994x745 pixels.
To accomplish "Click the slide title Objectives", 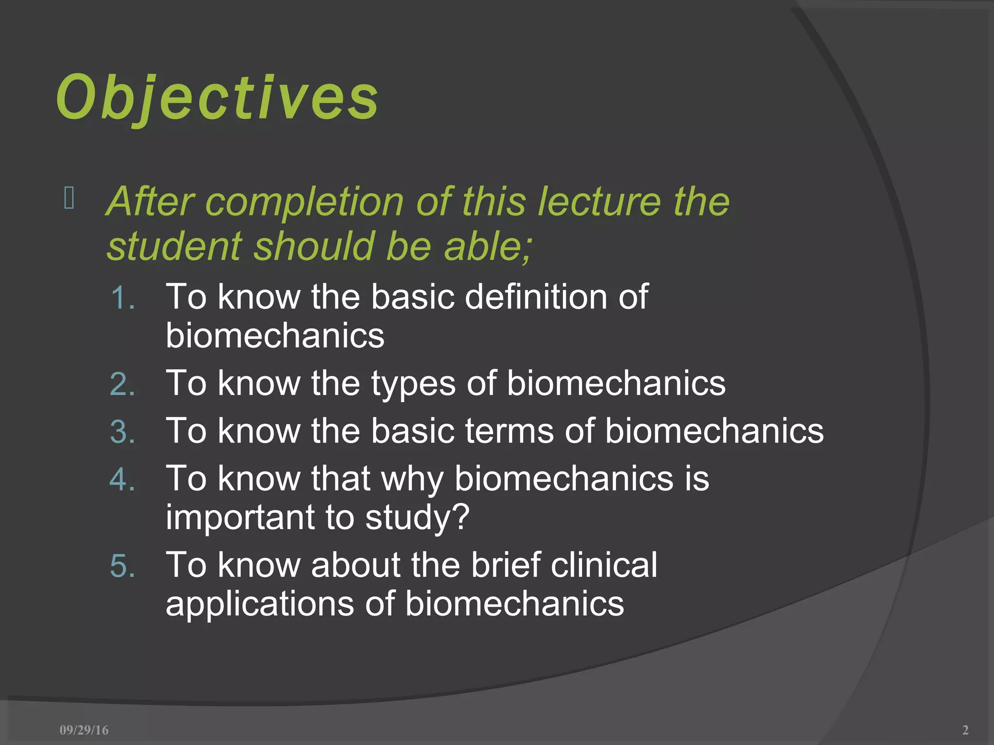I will pyautogui.click(x=217, y=98).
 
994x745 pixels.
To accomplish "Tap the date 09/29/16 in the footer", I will pyautogui.click(x=84, y=730).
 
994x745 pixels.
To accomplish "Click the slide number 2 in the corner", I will pyautogui.click(x=965, y=730).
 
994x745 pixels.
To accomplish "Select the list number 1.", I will pyautogui.click(x=122, y=298).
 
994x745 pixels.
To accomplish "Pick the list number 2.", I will pyautogui.click(x=122, y=384).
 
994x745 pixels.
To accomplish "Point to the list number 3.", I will pyautogui.click(x=122, y=432).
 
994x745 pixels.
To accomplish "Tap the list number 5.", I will pyautogui.click(x=122, y=566).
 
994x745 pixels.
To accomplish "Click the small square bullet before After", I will pyautogui.click(x=69, y=198).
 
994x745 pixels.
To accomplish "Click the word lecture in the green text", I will pyautogui.click(x=598, y=202).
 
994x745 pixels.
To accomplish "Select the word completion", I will pyautogui.click(x=304, y=202).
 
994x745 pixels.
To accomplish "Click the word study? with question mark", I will pyautogui.click(x=417, y=518).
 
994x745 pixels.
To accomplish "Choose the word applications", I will pyautogui.click(x=260, y=604).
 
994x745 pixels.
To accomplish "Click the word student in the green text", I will pyautogui.click(x=174, y=246).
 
